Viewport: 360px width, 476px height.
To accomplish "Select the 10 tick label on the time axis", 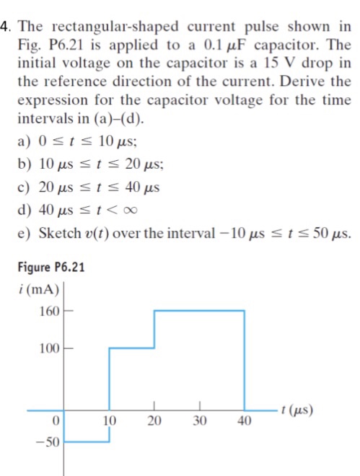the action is (x=110, y=421).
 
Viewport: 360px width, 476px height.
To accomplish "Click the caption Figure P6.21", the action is (x=50, y=267).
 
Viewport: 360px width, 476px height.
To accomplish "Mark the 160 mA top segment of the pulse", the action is (x=200, y=311).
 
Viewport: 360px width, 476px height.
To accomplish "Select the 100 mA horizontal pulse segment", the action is (x=132, y=348).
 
